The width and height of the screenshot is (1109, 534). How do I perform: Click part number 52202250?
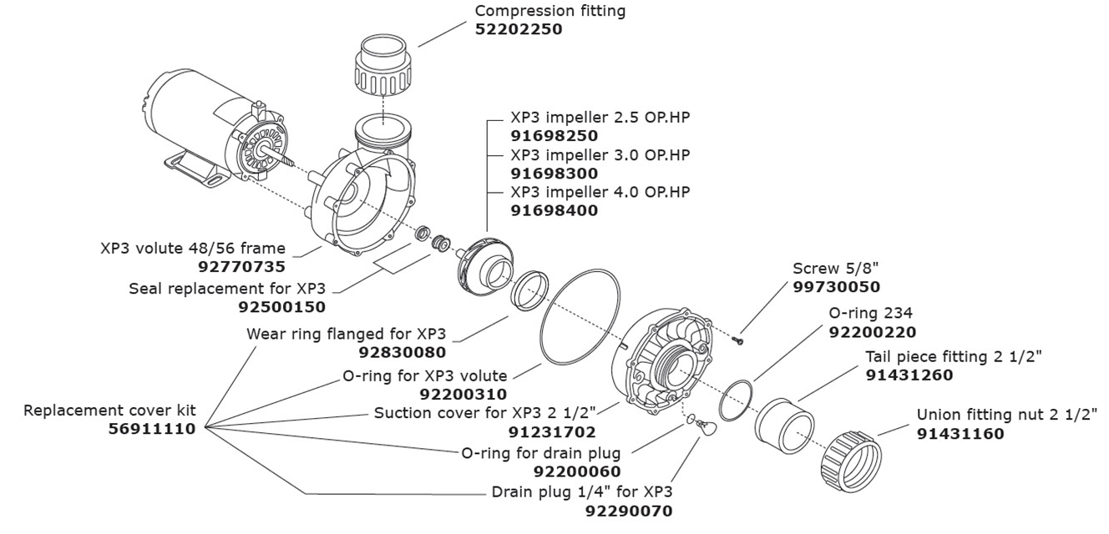coord(519,29)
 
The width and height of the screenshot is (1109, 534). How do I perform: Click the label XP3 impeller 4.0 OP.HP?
coord(600,192)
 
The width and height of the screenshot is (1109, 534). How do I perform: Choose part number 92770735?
coord(242,267)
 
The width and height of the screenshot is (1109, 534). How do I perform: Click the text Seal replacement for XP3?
coord(226,289)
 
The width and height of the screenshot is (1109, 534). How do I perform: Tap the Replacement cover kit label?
coord(109,411)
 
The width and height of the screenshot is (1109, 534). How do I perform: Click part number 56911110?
coord(152,429)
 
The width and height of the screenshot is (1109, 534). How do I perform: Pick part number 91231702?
coord(552,432)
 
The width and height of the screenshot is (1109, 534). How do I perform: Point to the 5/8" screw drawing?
coord(737,339)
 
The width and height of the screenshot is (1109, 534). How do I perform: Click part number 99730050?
coord(836,287)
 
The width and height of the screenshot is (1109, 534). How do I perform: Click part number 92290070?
coord(628,511)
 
